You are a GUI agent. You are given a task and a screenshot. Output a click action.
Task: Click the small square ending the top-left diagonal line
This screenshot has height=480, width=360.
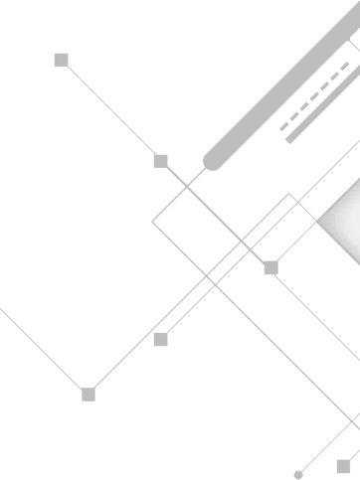59,59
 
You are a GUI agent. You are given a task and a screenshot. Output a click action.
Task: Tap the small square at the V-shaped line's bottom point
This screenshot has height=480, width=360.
88,395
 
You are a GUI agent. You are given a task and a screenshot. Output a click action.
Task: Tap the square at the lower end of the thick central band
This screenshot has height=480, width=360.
161,339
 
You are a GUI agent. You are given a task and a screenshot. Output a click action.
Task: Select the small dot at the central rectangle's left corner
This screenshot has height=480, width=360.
149,218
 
